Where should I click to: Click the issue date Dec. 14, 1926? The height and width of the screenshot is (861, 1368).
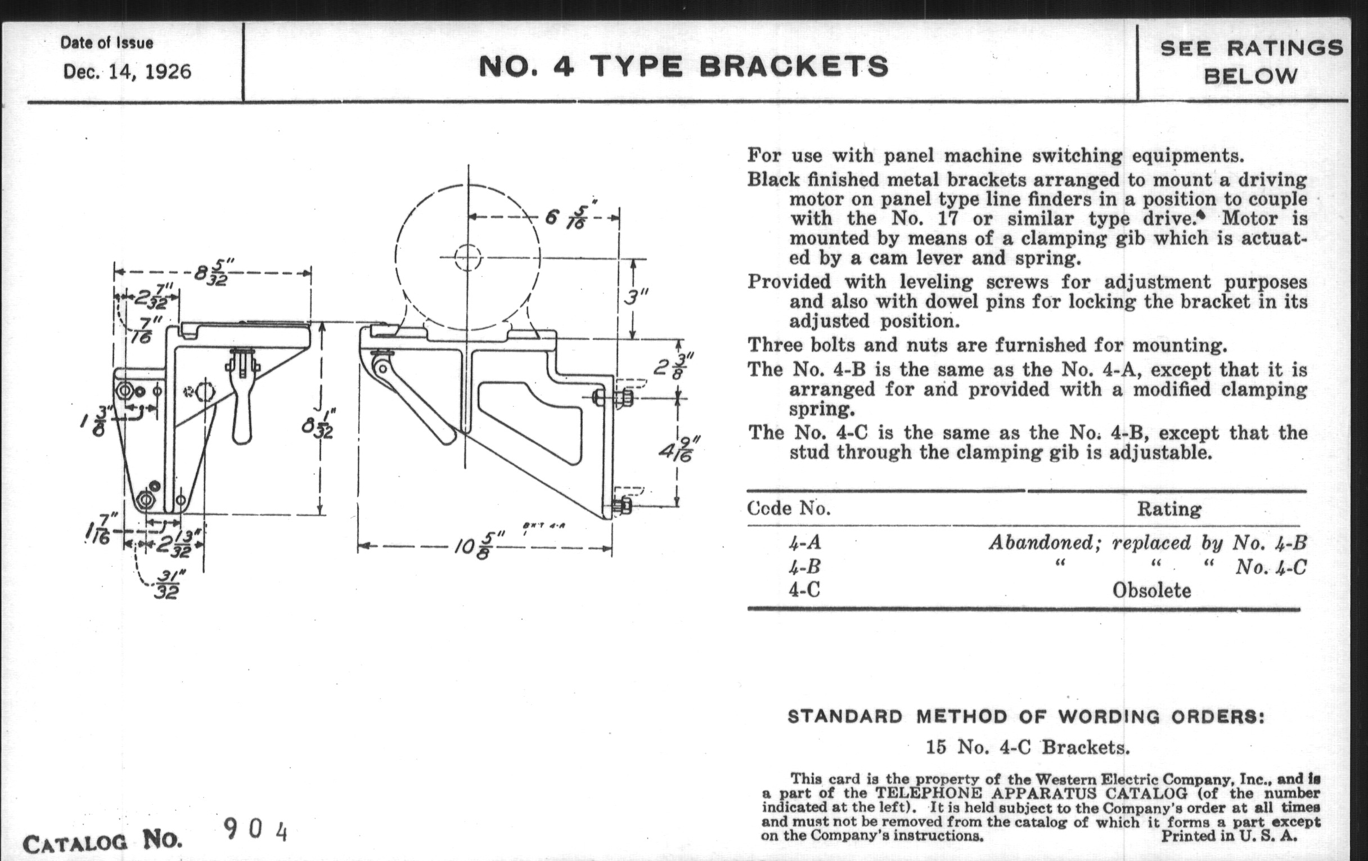127,72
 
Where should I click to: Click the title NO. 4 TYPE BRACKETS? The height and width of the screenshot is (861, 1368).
684,66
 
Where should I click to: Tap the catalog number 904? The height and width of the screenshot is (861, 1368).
255,831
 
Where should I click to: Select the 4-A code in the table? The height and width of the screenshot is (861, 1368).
804,542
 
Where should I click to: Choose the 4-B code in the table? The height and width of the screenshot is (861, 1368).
804,567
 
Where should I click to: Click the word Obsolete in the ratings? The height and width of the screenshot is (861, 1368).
1151,591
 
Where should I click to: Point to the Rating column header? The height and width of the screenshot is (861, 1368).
1169,509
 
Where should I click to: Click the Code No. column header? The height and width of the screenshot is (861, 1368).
789,508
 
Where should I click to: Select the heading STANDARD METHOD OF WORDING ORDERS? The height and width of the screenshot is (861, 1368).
1026,717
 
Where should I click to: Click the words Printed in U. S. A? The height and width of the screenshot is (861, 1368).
1228,836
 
